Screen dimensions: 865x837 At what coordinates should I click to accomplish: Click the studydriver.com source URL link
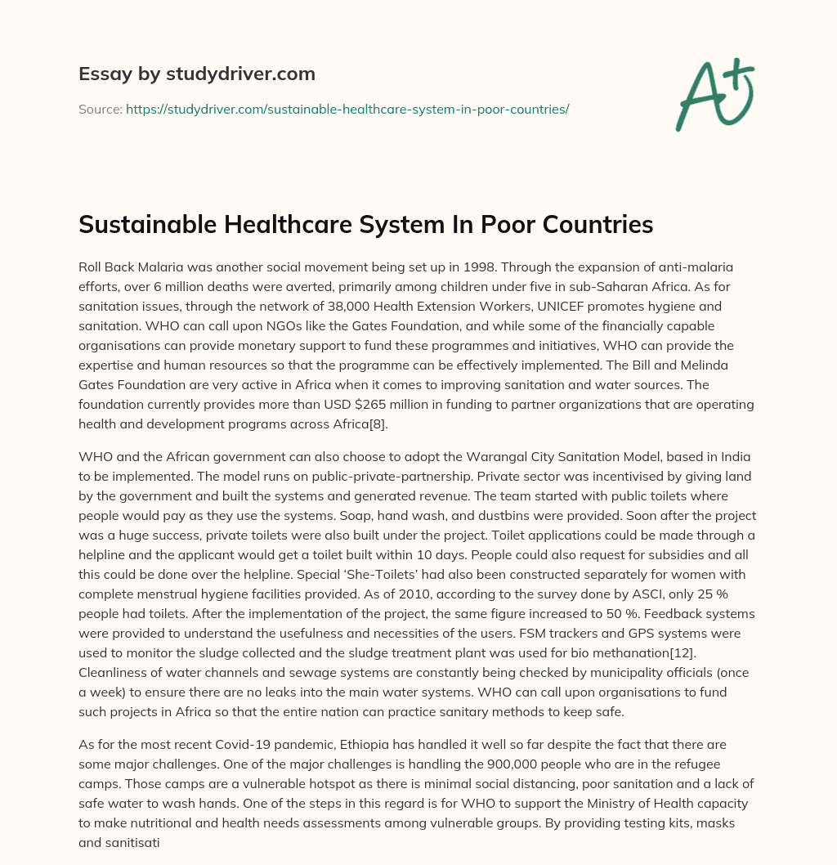point(347,109)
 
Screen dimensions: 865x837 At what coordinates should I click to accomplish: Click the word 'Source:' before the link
point(101,109)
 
